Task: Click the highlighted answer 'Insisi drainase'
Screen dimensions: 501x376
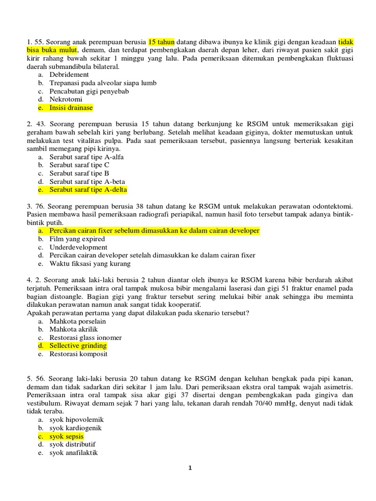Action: pos(71,108)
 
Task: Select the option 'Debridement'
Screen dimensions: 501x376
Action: pos(69,74)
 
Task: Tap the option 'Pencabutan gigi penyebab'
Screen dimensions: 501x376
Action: pos(89,91)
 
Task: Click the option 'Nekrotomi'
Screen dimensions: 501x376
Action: pos(66,99)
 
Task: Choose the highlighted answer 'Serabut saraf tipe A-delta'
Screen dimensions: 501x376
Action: pos(88,190)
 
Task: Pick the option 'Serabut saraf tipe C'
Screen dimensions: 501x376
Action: pos(79,165)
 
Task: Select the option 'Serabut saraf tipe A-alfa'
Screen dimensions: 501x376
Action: pos(87,157)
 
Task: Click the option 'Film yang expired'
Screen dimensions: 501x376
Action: pos(77,239)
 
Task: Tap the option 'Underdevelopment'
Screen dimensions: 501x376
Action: pos(78,248)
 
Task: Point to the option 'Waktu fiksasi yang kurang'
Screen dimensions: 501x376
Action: pos(90,264)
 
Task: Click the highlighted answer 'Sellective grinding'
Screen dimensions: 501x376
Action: pos(78,346)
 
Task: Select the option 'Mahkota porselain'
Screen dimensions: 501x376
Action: pos(77,321)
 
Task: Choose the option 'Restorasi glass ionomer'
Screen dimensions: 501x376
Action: pos(85,338)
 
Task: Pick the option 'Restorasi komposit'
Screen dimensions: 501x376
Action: pos(78,354)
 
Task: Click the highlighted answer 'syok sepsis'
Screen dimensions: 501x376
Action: pos(66,436)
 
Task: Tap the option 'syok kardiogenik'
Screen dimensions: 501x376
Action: pos(75,428)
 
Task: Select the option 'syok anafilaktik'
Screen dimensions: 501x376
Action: pos(73,453)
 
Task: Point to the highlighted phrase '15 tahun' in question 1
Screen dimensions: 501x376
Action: pos(161,42)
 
